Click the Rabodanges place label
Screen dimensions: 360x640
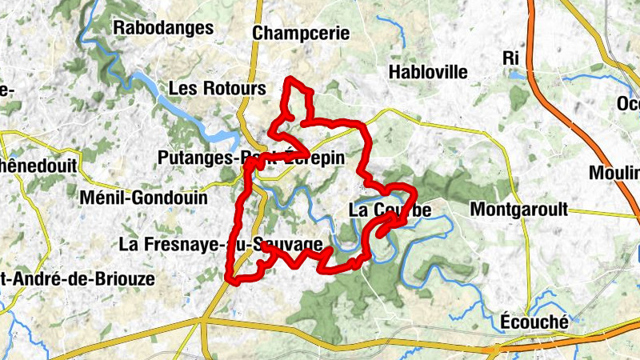163,28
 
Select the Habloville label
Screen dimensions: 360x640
428,72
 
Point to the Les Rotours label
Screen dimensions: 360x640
218,88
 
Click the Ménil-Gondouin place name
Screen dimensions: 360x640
144,197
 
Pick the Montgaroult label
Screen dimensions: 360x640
519,210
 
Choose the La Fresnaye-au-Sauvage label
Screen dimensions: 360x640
220,244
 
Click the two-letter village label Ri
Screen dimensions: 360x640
511,58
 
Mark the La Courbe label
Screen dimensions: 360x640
390,210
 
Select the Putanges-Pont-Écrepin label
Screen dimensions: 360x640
251,158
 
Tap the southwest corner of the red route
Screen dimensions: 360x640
231,279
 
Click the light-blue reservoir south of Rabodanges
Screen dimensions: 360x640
172,100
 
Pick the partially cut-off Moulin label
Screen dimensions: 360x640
614,173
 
